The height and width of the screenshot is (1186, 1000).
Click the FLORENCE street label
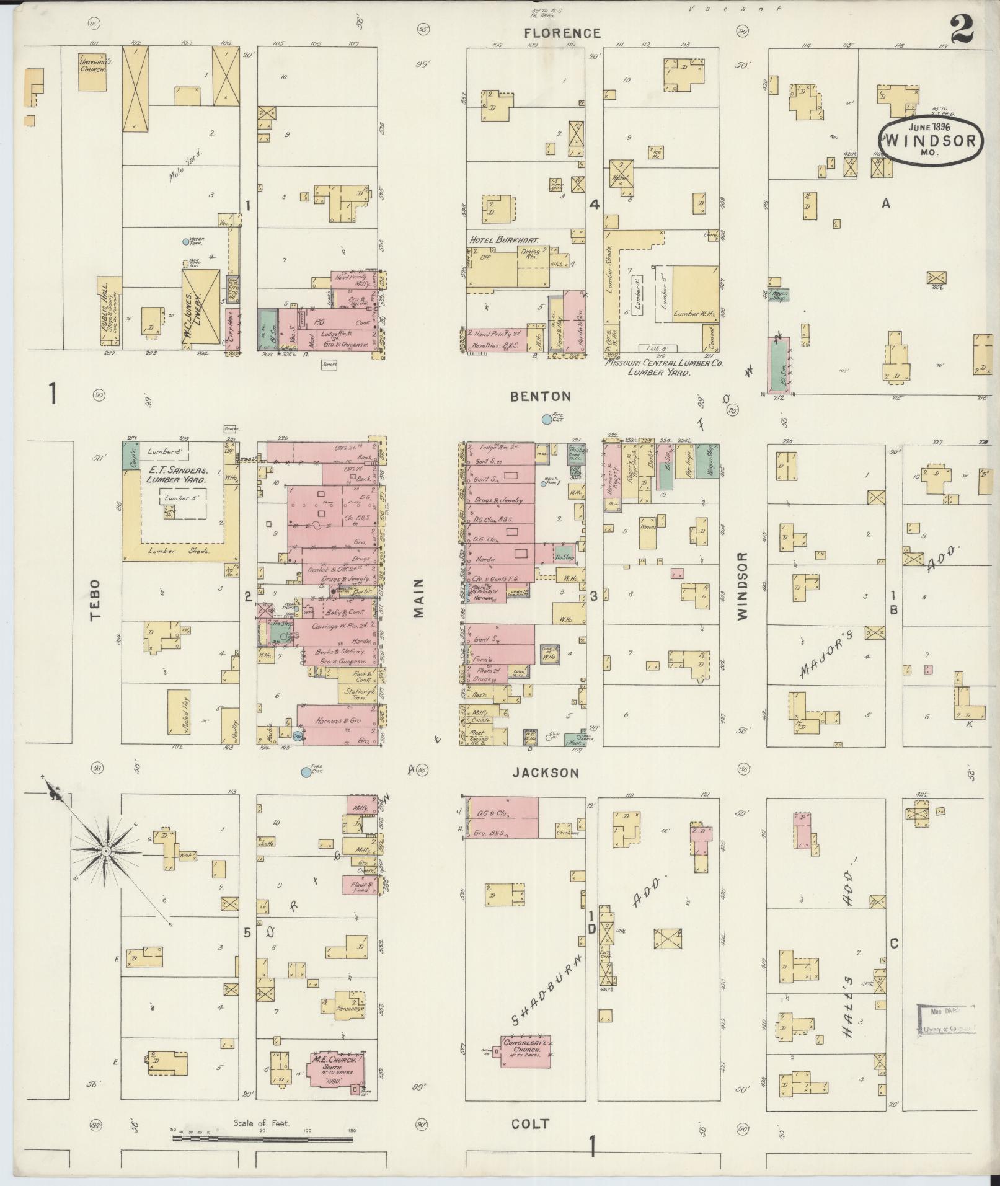click(562, 33)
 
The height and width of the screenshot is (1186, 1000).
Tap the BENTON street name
click(541, 396)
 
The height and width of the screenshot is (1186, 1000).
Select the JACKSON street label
click(546, 773)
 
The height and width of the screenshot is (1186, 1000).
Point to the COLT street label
click(531, 1124)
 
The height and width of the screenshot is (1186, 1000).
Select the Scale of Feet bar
click(262, 1138)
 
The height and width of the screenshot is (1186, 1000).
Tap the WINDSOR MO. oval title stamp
click(930, 142)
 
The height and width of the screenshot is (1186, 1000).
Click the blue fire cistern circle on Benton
click(546, 420)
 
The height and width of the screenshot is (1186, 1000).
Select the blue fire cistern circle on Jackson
click(306, 772)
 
